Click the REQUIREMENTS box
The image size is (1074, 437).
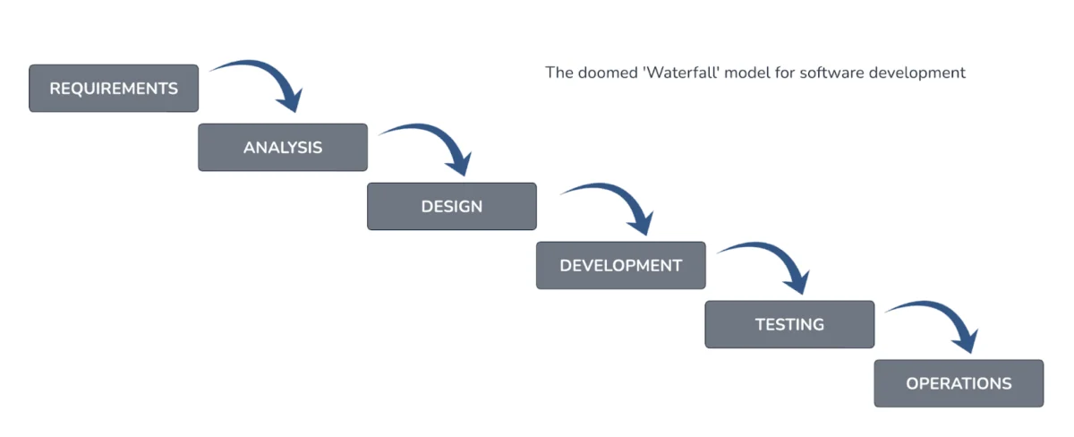pyautogui.click(x=114, y=88)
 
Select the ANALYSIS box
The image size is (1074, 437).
pyautogui.click(x=283, y=147)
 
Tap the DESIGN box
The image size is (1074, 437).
pyautogui.click(x=452, y=206)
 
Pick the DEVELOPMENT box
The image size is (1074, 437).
pyautogui.click(x=620, y=265)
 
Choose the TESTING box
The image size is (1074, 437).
pyautogui.click(x=789, y=324)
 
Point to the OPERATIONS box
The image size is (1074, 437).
pyautogui.click(x=959, y=383)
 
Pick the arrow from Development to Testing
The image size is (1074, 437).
pyautogui.click(x=770, y=253)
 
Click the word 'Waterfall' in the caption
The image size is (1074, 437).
pyautogui.click(x=684, y=73)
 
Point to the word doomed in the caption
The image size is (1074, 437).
pyautogui.click(x=608, y=73)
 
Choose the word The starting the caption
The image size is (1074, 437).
pyautogui.click(x=558, y=73)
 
